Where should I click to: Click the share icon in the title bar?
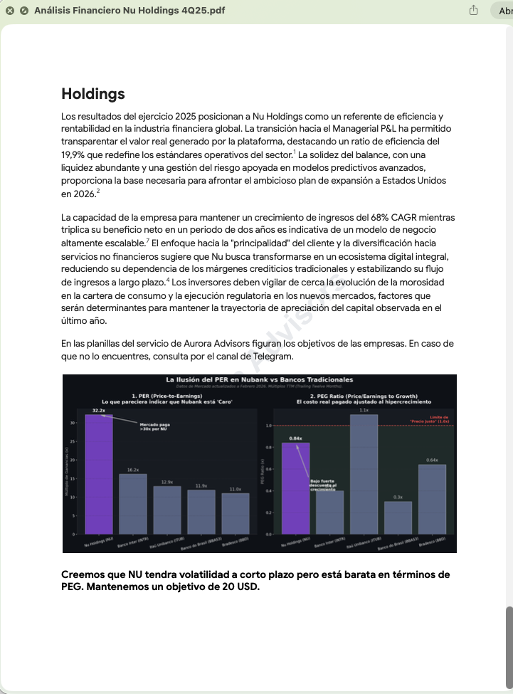pos(473,11)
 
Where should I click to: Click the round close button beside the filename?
pos(10,11)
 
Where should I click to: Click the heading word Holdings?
pos(93,94)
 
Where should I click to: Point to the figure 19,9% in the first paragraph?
pos(76,154)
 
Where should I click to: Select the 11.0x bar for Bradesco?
pos(235,513)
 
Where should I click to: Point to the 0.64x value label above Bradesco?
pos(432,461)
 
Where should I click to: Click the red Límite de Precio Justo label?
pos(439,419)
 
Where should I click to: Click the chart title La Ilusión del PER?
pos(259,380)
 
